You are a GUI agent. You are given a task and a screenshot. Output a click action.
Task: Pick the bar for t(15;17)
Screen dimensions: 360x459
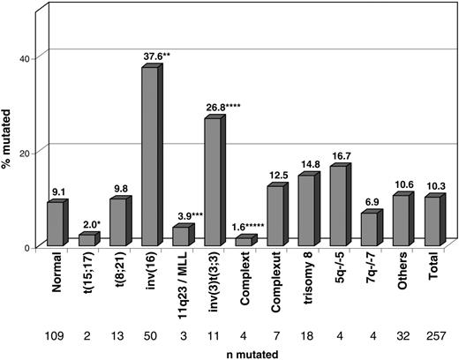87,240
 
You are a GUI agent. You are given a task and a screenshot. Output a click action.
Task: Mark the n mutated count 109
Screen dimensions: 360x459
55,335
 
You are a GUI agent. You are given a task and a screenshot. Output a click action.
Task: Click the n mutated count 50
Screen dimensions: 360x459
149,335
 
